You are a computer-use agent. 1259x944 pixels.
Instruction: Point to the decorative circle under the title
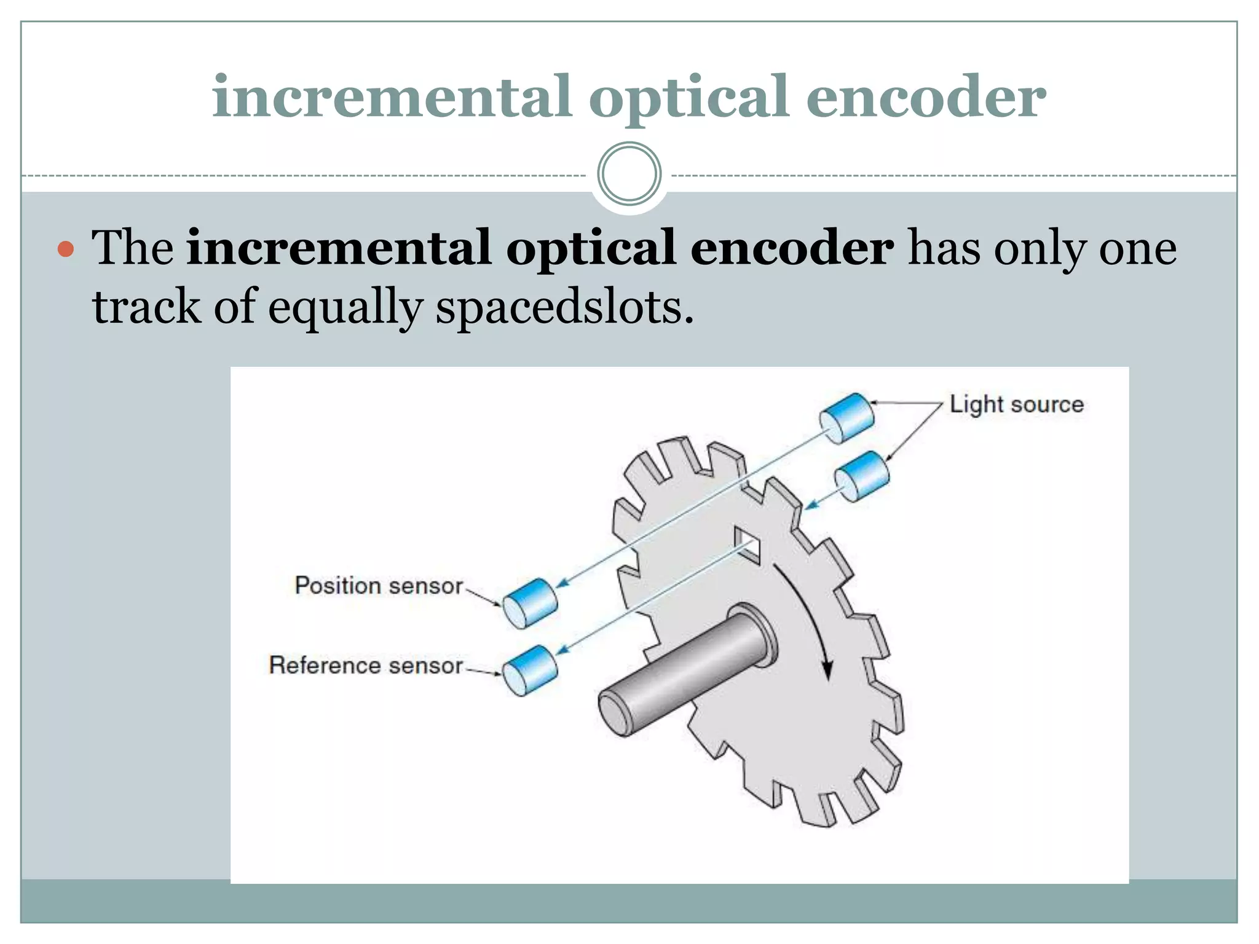[x=629, y=174]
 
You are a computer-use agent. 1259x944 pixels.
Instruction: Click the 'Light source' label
[x=1016, y=404]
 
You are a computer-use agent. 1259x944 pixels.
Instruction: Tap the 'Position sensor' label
[x=378, y=586]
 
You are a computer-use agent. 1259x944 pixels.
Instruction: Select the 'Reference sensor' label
[x=365, y=665]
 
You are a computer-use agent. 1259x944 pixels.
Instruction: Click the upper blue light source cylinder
[x=847, y=418]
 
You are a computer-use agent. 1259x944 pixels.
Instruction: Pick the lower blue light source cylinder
[x=862, y=476]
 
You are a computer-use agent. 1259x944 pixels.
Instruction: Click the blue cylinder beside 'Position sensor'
[x=530, y=603]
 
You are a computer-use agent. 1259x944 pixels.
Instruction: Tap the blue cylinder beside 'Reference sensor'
[x=530, y=671]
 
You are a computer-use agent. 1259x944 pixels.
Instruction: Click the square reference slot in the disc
[x=748, y=545]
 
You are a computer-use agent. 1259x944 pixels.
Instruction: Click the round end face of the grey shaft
[x=615, y=712]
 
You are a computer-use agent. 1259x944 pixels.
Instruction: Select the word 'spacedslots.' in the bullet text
[x=564, y=307]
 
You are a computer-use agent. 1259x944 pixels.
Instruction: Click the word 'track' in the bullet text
[x=146, y=307]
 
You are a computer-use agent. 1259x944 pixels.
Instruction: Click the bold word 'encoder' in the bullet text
[x=792, y=248]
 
